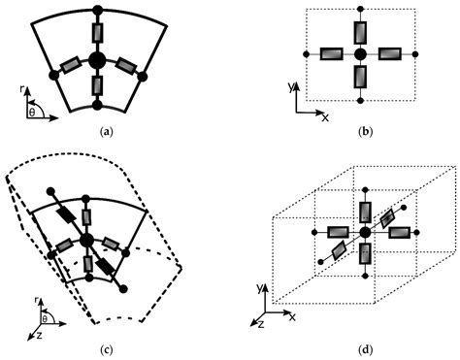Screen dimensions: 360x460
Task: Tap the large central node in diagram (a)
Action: [96, 61]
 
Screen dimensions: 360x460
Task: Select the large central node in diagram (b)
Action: [360, 53]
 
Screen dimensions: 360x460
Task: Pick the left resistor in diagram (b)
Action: [330, 53]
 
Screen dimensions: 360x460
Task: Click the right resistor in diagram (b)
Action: [389, 53]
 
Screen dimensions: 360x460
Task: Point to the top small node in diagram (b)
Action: [360, 10]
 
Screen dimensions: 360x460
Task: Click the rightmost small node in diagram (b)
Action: [416, 53]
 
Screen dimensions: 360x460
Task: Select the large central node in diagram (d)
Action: [365, 233]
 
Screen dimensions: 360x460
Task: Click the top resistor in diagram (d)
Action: [365, 211]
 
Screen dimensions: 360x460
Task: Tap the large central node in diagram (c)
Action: [87, 239]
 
